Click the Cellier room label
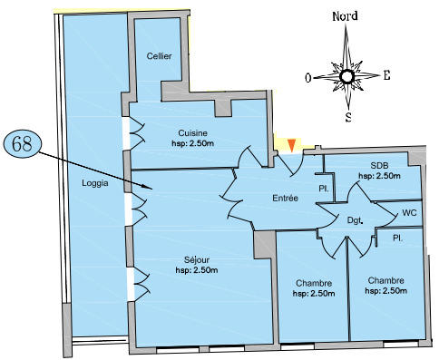click(x=159, y=56)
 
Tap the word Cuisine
click(x=192, y=133)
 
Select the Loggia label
click(x=95, y=183)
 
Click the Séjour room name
click(x=197, y=259)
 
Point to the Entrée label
click(x=285, y=198)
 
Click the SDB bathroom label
click(x=379, y=165)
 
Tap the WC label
click(x=409, y=212)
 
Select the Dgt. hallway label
click(x=355, y=220)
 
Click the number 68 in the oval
click(x=22, y=144)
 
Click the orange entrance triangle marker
click(x=291, y=145)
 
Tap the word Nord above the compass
click(x=345, y=16)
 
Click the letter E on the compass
click(x=386, y=75)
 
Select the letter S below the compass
click(x=348, y=117)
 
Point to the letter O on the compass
click(x=308, y=78)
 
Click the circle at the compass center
click(x=346, y=77)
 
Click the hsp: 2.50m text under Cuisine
click(x=192, y=143)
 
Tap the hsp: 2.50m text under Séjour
click(x=197, y=270)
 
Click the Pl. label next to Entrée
click(x=324, y=189)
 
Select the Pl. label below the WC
click(x=398, y=238)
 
